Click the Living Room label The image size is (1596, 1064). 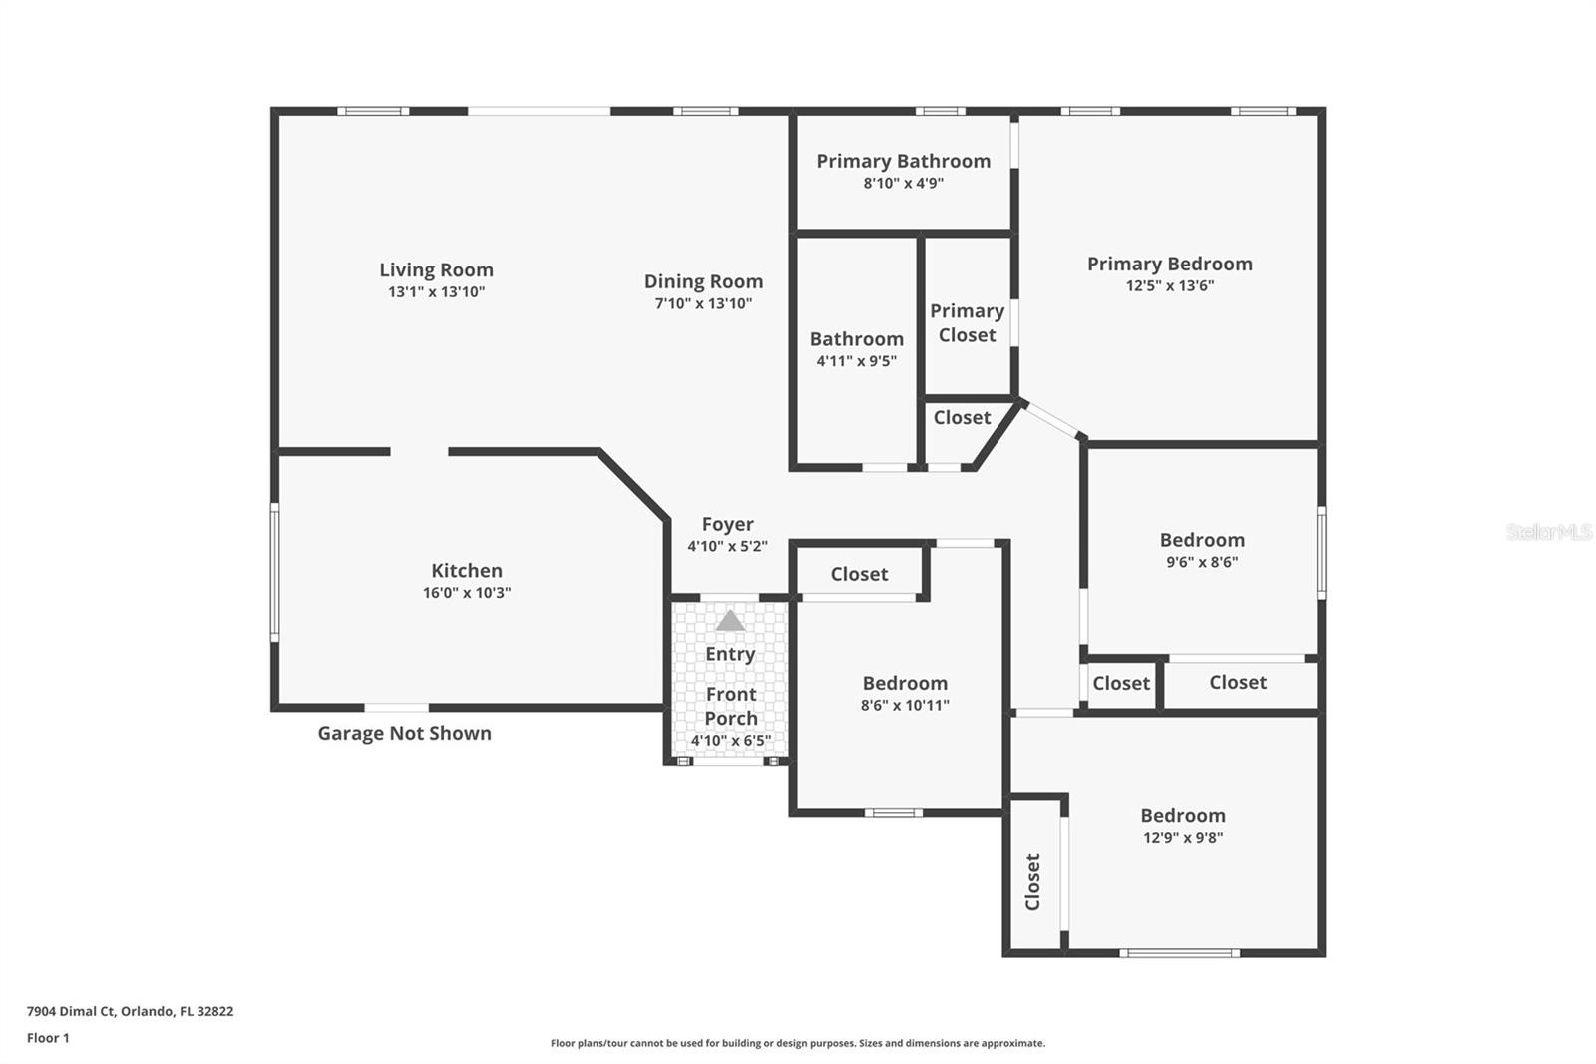pos(436,269)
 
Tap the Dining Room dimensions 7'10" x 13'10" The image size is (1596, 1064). pos(703,303)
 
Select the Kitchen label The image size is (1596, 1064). pos(466,571)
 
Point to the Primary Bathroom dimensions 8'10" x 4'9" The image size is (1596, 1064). pos(903,183)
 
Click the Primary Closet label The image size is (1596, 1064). pos(967,323)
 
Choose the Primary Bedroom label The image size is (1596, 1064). pos(1169,264)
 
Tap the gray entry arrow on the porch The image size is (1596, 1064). pos(730,621)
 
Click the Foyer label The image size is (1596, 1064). pos(727,524)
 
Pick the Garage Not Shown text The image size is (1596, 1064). pos(404,733)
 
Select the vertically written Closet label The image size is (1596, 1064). pos(1033,881)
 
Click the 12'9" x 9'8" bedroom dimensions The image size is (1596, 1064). pos(1183,838)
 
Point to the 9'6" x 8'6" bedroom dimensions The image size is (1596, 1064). pos(1202,562)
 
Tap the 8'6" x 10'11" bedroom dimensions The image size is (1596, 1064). pos(905,705)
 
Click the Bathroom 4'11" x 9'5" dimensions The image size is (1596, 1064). pos(856,361)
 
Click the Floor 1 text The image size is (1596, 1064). pos(48,1038)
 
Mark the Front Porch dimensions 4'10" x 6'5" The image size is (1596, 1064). pos(730,741)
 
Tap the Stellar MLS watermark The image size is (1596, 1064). pos(1548,532)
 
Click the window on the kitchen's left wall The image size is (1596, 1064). pos(275,571)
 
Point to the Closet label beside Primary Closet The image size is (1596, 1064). pos(962,418)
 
